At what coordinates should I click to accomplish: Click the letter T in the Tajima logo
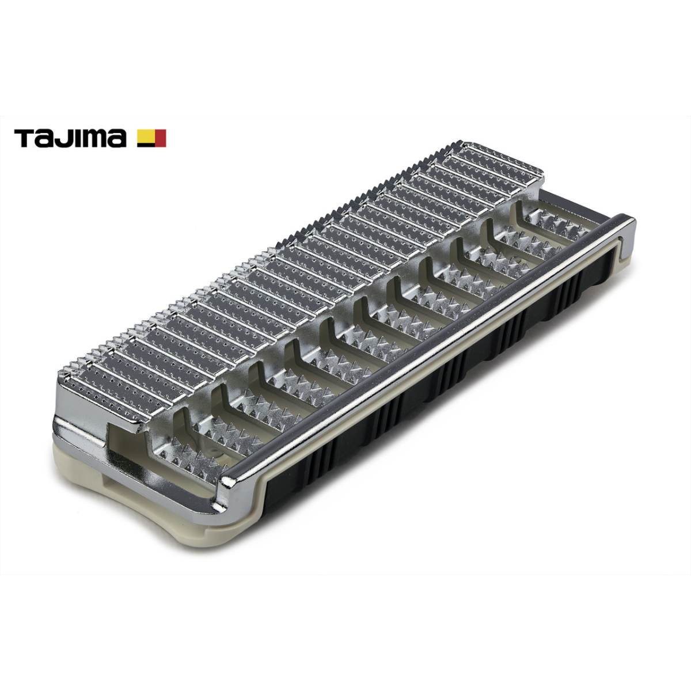25,138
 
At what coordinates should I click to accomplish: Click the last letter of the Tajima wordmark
117,140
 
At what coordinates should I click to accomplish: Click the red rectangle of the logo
160,138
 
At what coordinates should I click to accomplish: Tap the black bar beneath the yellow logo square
146,145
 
